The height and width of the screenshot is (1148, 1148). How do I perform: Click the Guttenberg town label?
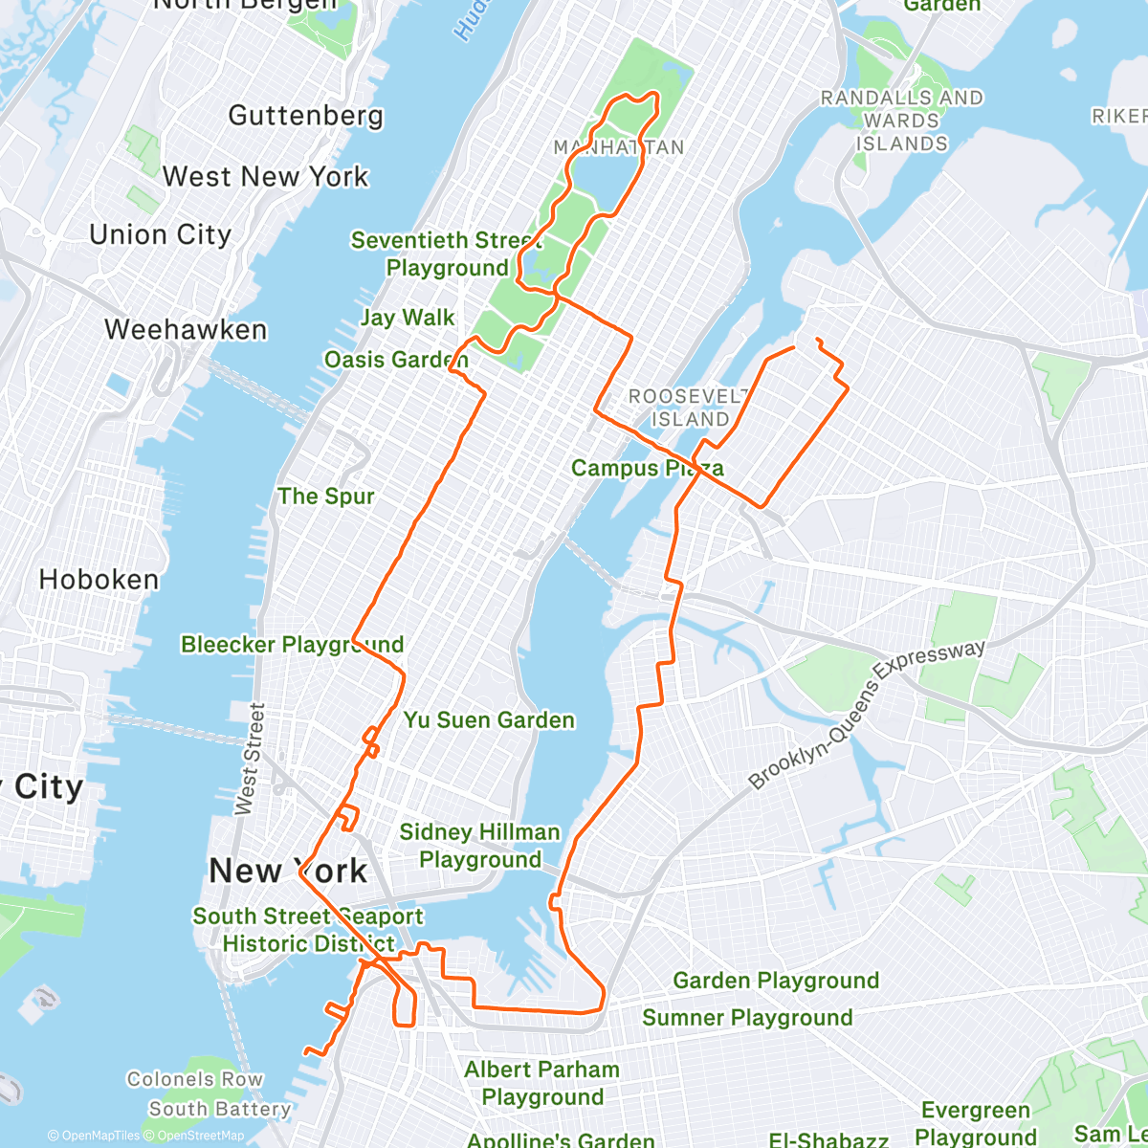pyautogui.click(x=305, y=116)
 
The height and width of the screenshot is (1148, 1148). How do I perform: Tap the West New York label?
pyautogui.click(x=265, y=177)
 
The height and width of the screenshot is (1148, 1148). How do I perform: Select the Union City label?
pyautogui.click(x=160, y=235)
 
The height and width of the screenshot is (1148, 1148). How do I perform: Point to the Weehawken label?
pyautogui.click(x=186, y=330)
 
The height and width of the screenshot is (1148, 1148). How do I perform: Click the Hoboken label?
pyautogui.click(x=99, y=580)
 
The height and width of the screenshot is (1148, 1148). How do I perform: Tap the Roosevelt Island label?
pyautogui.click(x=689, y=408)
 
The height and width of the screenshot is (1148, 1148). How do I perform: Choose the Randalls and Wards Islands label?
pyautogui.click(x=901, y=121)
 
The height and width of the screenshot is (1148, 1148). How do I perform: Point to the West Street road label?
pyautogui.click(x=250, y=759)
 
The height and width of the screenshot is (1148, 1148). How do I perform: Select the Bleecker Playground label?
pyautogui.click(x=292, y=645)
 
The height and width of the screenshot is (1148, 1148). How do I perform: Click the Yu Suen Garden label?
pyautogui.click(x=489, y=720)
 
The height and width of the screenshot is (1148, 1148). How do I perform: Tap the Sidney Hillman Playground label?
pyautogui.click(x=479, y=846)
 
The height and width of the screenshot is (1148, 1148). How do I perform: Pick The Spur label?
pyautogui.click(x=325, y=497)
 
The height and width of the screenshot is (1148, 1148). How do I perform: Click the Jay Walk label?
pyautogui.click(x=408, y=318)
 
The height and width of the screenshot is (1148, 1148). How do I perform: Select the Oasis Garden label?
pyautogui.click(x=396, y=360)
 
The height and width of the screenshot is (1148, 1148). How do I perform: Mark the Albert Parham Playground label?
pyautogui.click(x=541, y=1083)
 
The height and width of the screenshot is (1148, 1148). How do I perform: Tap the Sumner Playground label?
pyautogui.click(x=746, y=1018)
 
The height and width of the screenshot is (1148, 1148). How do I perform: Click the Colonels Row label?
pyautogui.click(x=194, y=1079)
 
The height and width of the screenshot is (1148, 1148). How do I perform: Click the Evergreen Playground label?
pyautogui.click(x=976, y=1123)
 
